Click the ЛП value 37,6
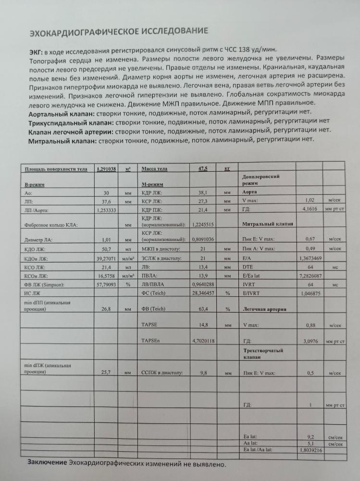click(x=107, y=202)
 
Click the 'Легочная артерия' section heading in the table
click(x=265, y=309)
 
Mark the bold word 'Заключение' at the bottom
click(x=47, y=462)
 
